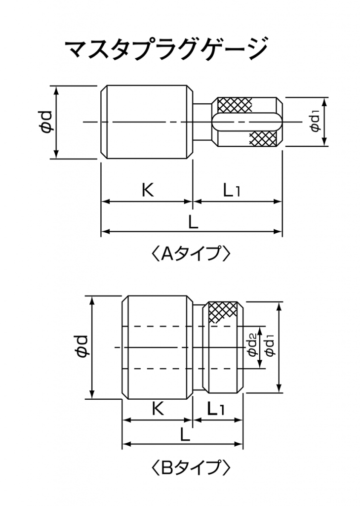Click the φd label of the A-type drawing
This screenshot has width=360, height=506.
(45, 122)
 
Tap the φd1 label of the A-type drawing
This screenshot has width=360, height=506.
(315, 121)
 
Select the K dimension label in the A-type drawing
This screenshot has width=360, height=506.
(148, 190)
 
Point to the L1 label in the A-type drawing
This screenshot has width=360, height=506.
(232, 190)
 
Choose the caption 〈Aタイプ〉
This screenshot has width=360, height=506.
(191, 253)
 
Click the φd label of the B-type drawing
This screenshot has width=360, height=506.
(81, 346)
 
